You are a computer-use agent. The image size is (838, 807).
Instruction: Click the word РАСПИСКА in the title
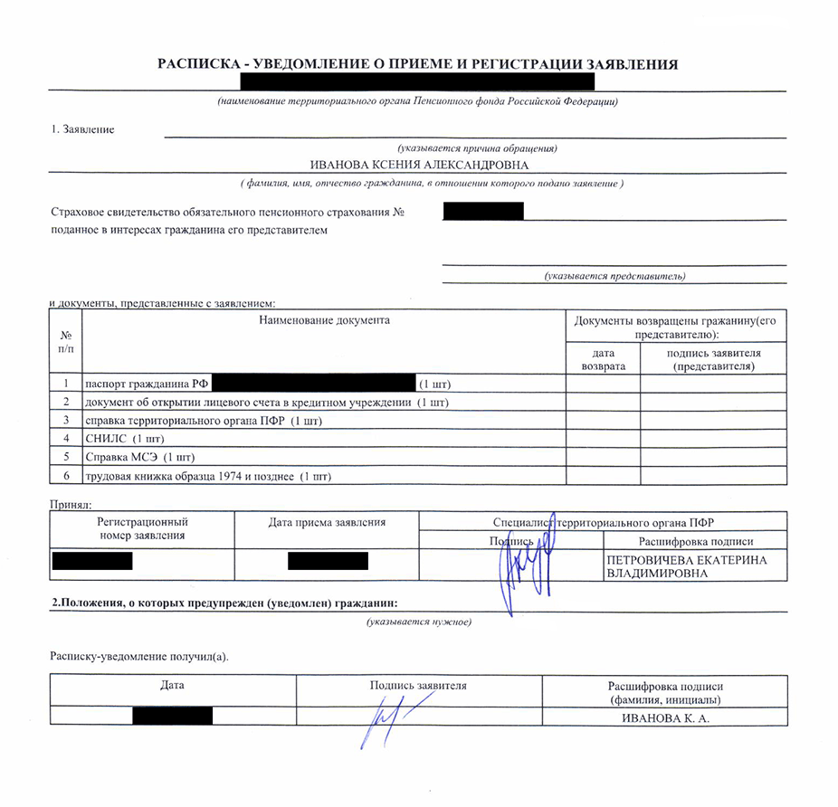tap(194, 64)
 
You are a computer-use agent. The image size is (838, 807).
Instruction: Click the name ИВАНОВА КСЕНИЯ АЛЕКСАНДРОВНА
tap(419, 165)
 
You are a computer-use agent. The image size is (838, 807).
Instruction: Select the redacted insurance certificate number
tap(483, 212)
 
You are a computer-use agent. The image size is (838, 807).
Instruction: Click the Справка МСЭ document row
tap(139, 457)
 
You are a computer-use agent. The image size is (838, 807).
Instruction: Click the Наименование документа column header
tap(324, 320)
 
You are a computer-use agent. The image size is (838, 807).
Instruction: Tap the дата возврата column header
tap(603, 360)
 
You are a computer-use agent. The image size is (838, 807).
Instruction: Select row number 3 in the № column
tap(66, 421)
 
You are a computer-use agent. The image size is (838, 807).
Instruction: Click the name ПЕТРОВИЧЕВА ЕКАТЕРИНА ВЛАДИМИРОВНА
tap(687, 567)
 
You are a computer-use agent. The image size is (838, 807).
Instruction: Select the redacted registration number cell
tap(92, 561)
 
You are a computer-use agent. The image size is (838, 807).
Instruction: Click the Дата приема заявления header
tap(328, 522)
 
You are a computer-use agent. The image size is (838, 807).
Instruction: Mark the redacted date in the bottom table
tap(173, 717)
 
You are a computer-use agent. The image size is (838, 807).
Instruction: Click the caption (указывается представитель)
tap(614, 276)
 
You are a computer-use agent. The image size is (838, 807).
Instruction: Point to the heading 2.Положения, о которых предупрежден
tap(224, 603)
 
